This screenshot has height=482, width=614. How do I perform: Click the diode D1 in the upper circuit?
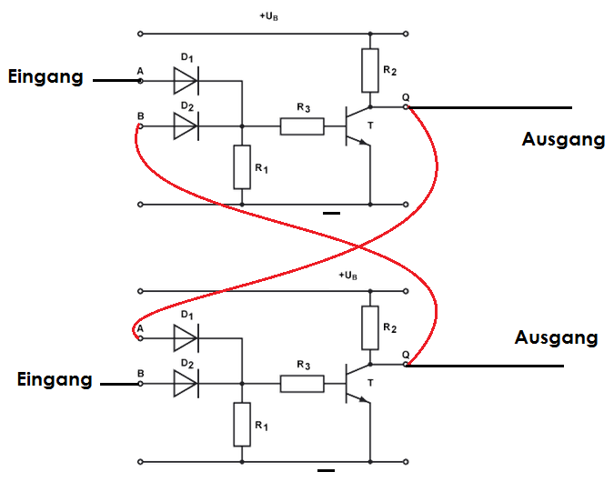point(186,81)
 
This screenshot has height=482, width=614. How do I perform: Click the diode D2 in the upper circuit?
point(186,126)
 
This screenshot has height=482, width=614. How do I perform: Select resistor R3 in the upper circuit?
point(301,126)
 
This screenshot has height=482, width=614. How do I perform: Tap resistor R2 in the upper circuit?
point(369,71)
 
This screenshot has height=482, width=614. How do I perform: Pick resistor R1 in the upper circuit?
point(241,167)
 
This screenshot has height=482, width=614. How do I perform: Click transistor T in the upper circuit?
point(355,126)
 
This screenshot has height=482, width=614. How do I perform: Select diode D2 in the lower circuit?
point(186,383)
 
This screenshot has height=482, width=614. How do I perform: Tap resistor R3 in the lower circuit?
point(301,383)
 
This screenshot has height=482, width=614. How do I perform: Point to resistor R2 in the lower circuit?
point(369,328)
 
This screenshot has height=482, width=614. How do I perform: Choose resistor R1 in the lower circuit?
point(241,425)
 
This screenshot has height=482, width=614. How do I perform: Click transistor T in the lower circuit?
point(355,383)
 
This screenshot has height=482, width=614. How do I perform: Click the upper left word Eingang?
point(45,77)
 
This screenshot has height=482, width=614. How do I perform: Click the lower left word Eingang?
point(55,379)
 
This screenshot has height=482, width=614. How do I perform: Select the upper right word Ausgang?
point(563,139)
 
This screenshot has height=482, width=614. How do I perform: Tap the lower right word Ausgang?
point(556,337)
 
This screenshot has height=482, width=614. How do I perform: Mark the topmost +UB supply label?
point(270,16)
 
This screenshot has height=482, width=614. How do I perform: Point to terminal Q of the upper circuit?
point(406,106)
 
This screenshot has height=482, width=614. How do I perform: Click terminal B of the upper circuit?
point(139,126)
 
